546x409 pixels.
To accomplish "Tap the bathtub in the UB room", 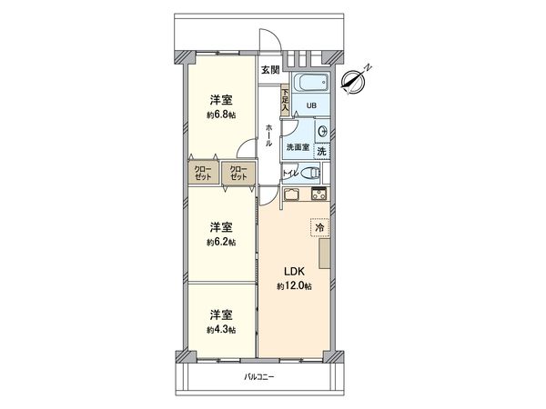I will click(x=312, y=84).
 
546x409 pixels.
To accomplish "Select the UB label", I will click(x=311, y=105).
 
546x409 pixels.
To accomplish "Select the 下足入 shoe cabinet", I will click(x=285, y=98).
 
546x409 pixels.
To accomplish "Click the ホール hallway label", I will click(x=269, y=141).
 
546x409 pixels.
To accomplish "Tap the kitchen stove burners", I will click(x=319, y=195).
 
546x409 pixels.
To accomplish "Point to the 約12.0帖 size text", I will click(x=295, y=286).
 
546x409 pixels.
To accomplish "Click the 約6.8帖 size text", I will click(x=221, y=115).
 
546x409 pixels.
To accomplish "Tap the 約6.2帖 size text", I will click(x=221, y=242).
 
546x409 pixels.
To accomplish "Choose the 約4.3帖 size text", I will click(x=221, y=328).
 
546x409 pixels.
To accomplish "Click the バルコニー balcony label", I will click(x=258, y=376).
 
